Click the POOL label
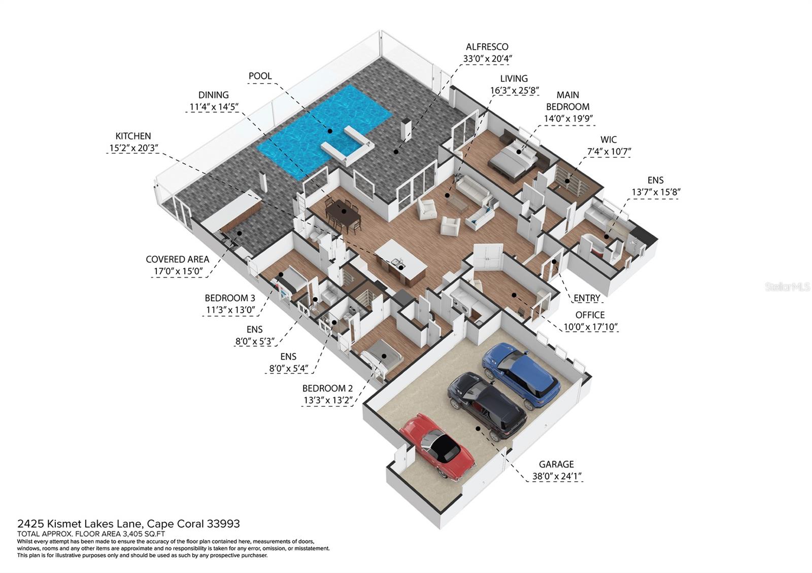coord(260,76)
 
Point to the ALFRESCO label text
coord(487,47)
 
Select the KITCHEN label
coord(133,136)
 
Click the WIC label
coord(608,139)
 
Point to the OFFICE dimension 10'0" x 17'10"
coord(590,327)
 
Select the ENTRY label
coord(587,298)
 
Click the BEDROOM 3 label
coord(230,298)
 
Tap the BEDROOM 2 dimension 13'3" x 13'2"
coord(327,401)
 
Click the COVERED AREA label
coord(177,259)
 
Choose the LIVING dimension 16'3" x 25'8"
coord(514,91)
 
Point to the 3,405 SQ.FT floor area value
coord(144,534)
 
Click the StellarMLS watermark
coord(787,288)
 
